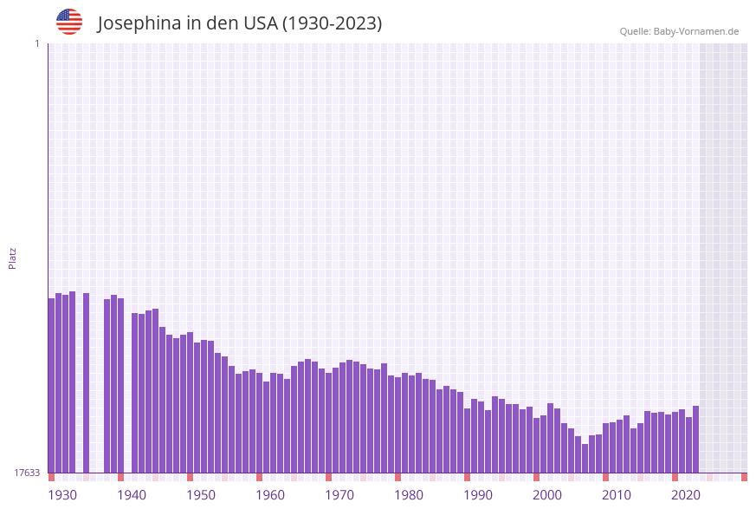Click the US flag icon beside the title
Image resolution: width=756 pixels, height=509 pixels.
pyautogui.click(x=69, y=22)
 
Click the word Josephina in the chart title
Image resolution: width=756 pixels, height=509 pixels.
pyautogui.click(x=138, y=23)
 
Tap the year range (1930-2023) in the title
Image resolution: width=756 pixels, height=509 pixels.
pyautogui.click(x=333, y=23)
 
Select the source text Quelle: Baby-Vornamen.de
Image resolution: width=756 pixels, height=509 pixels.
pyautogui.click(x=679, y=31)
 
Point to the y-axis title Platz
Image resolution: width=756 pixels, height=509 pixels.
pyautogui.click(x=13, y=258)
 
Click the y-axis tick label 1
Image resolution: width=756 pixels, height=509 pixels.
pyautogui.click(x=36, y=43)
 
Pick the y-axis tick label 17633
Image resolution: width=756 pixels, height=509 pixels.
pyautogui.click(x=28, y=473)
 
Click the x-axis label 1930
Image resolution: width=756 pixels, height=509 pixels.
pyautogui.click(x=62, y=495)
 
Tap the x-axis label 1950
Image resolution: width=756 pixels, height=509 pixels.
pyautogui.click(x=201, y=495)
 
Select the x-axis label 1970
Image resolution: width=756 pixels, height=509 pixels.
pyautogui.click(x=339, y=495)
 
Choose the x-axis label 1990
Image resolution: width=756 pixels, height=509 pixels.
pyautogui.click(x=478, y=495)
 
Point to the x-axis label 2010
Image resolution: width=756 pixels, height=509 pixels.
pyautogui.click(x=617, y=495)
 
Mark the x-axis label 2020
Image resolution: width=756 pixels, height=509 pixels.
pyautogui.click(x=686, y=495)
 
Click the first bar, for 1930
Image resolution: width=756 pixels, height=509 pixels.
pyautogui.click(x=51, y=385)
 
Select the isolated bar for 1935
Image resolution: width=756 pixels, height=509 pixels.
pyautogui.click(x=86, y=382)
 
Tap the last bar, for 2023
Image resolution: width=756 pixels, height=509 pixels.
pyautogui.click(x=695, y=439)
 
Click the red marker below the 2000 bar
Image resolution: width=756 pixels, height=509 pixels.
pyautogui.click(x=536, y=477)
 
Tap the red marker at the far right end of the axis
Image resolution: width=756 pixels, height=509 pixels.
pyautogui.click(x=744, y=477)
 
